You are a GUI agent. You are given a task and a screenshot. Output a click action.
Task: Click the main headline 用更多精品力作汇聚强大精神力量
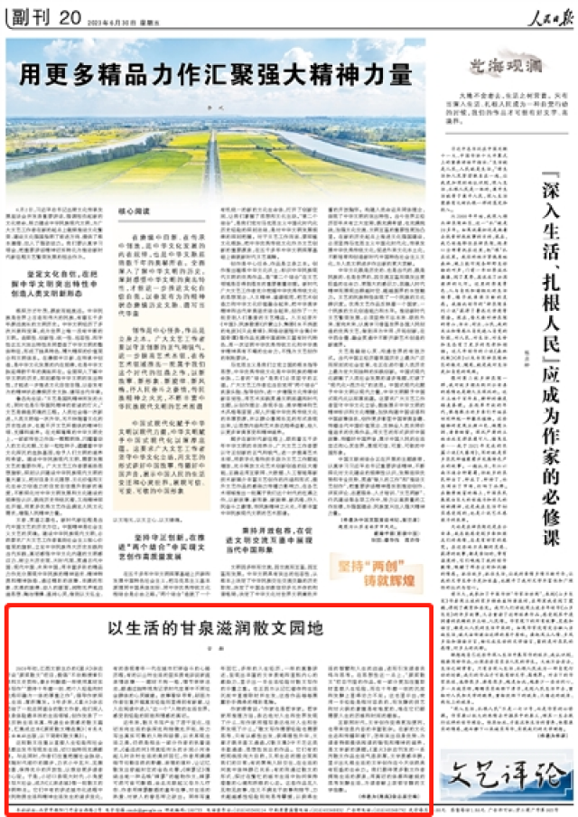click(x=216, y=73)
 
